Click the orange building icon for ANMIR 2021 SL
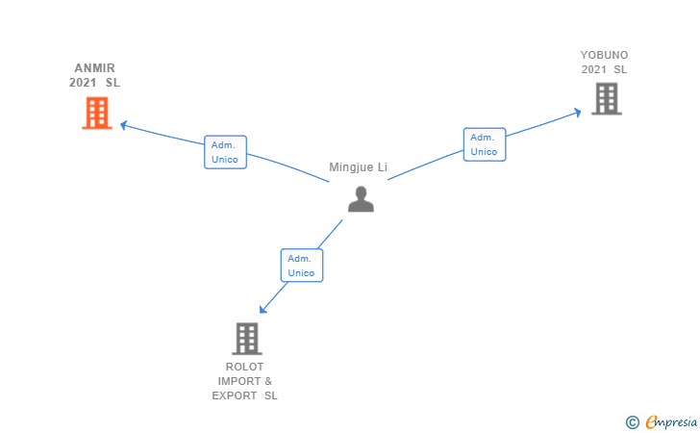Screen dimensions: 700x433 97,113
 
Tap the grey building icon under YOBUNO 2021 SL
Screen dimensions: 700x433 607,99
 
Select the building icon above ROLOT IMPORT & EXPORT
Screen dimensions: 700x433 247,339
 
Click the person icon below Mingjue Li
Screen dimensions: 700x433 361,199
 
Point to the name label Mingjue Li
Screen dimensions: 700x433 358,167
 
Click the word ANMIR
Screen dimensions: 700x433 94,68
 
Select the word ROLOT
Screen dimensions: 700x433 244,367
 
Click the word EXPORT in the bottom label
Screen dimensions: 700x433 235,395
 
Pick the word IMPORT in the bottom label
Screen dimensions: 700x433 239,381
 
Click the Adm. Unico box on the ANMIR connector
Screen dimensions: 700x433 225,152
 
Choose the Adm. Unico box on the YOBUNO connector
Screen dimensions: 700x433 485,144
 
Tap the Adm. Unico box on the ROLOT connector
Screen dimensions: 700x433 302,266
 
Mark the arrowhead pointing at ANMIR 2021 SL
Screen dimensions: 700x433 124,125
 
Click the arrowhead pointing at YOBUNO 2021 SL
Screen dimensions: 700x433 577,113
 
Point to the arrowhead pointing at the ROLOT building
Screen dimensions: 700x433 263,309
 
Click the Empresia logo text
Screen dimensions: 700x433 671,422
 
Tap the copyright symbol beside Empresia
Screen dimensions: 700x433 632,422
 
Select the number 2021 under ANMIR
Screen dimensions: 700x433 83,83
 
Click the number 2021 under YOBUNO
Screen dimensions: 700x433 594,69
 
